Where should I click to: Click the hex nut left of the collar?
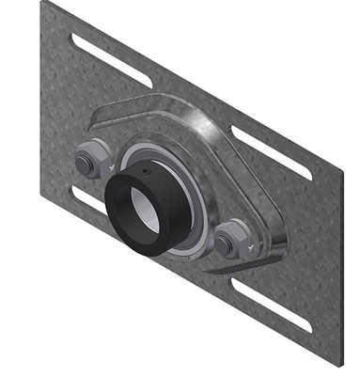(91, 159)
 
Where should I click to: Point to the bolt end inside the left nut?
(86, 164)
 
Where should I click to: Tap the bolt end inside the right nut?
(225, 244)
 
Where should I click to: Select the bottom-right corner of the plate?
(339, 363)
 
